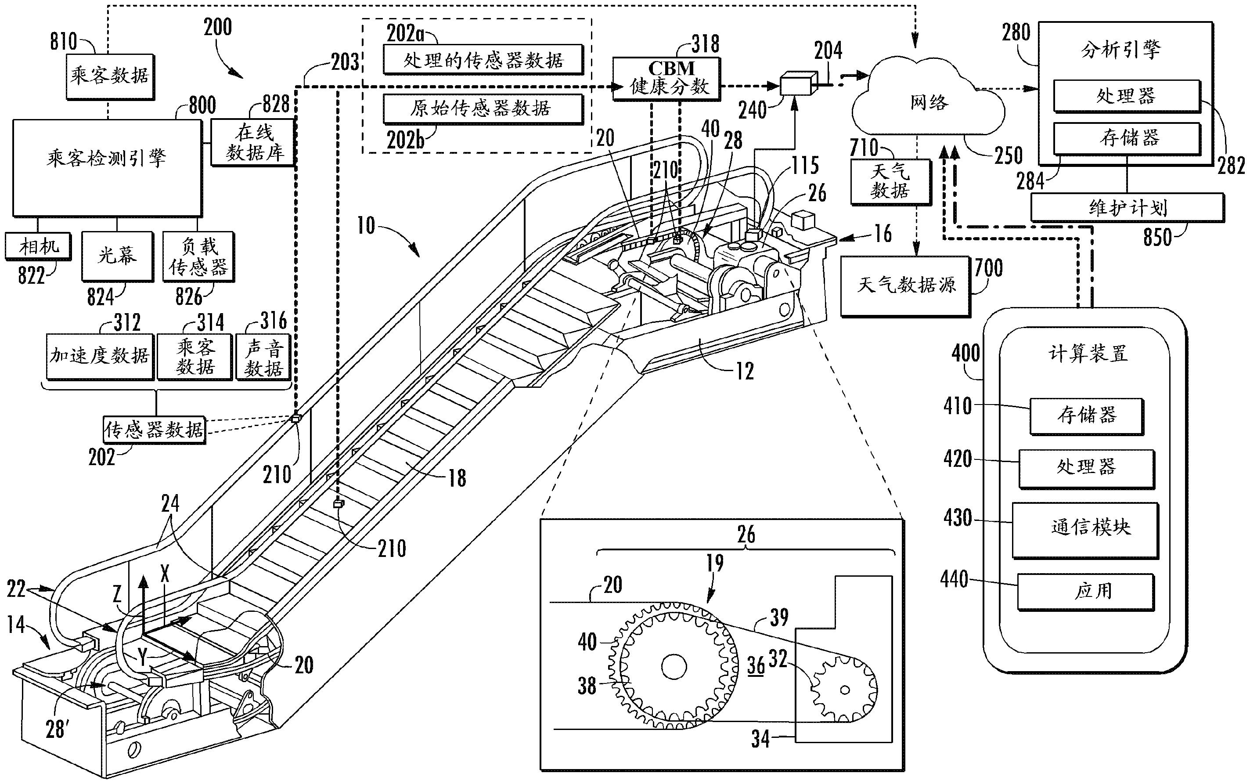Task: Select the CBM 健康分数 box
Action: (666, 78)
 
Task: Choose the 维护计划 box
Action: (1127, 207)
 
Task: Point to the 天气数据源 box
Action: (905, 285)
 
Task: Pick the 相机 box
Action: (38, 246)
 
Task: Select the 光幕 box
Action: (117, 256)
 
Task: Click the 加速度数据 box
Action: (100, 356)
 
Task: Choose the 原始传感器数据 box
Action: (483, 108)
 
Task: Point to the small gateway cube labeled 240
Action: (796, 84)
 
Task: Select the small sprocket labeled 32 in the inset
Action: (844, 690)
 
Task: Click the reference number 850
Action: (1157, 237)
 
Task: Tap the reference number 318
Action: (705, 43)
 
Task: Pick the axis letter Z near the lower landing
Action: (118, 593)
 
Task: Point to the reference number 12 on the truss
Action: (745, 371)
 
